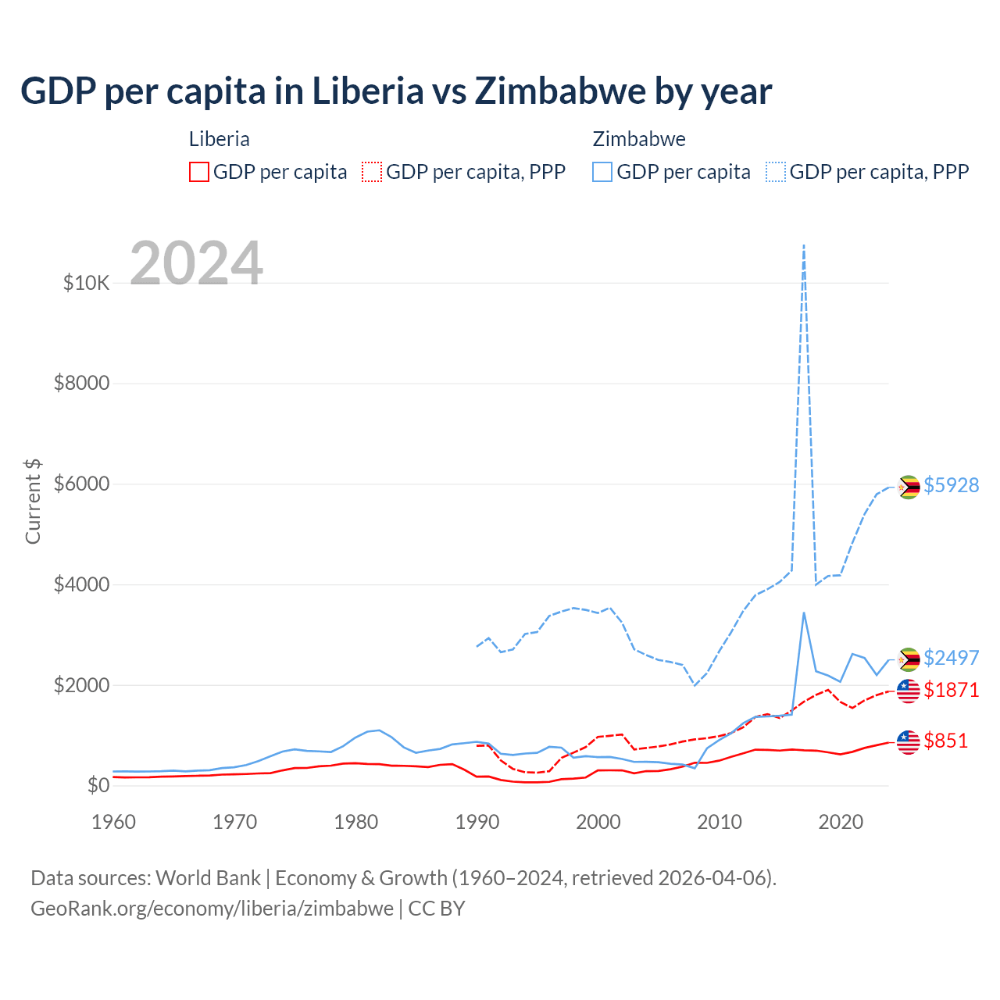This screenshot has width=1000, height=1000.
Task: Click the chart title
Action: [x=396, y=91]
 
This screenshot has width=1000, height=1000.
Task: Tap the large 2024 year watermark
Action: [x=196, y=263]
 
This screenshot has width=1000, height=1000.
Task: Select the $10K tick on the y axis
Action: [x=86, y=283]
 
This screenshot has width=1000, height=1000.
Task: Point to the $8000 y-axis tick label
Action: [x=81, y=384]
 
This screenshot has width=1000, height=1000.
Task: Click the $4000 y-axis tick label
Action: [x=81, y=585]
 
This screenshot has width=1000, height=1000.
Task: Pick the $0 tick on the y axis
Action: [x=98, y=785]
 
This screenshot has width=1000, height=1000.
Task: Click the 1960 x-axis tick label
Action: [x=114, y=822]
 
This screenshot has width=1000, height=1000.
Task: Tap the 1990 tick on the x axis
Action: [x=477, y=822]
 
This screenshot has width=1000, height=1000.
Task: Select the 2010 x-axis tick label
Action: [x=720, y=822]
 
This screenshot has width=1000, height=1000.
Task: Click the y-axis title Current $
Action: [x=33, y=502]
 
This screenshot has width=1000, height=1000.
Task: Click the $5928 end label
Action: [x=951, y=485]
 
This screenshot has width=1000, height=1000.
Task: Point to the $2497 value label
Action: [x=951, y=658]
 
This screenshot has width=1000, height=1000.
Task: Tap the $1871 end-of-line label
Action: [x=951, y=690]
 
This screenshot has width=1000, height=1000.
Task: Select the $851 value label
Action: [x=945, y=741]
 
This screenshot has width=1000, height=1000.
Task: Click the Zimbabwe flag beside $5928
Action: [x=908, y=487]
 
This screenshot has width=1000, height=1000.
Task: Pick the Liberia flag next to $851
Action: [x=908, y=742]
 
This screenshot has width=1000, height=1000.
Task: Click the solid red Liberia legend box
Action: [x=199, y=172]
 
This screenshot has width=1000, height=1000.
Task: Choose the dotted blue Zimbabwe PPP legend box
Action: [x=776, y=172]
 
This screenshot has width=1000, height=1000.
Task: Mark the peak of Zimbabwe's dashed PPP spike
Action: [x=804, y=245]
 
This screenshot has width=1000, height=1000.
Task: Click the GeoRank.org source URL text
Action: [x=212, y=909]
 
